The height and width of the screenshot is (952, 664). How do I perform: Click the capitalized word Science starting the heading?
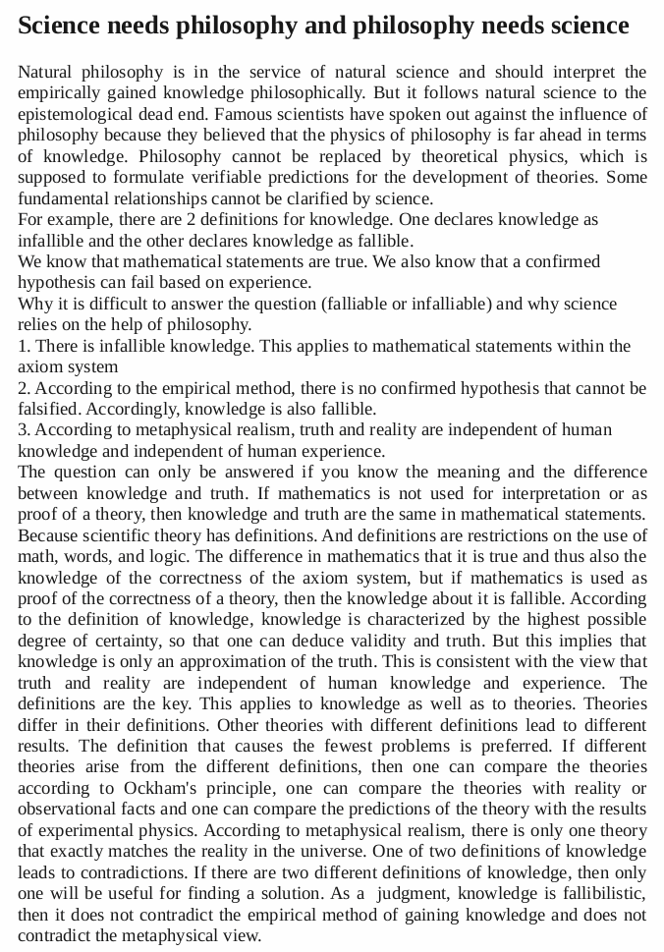61,25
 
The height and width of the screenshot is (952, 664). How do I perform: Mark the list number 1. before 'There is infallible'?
24,346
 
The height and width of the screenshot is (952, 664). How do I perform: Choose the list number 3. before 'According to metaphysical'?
24,429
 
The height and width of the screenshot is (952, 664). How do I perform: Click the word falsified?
50,409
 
